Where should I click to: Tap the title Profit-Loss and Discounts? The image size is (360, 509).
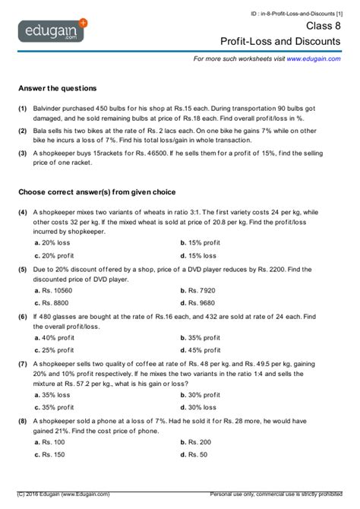coord(291,40)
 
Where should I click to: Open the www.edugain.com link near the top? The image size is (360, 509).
coord(313,58)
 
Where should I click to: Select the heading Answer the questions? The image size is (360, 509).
coord(57,88)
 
